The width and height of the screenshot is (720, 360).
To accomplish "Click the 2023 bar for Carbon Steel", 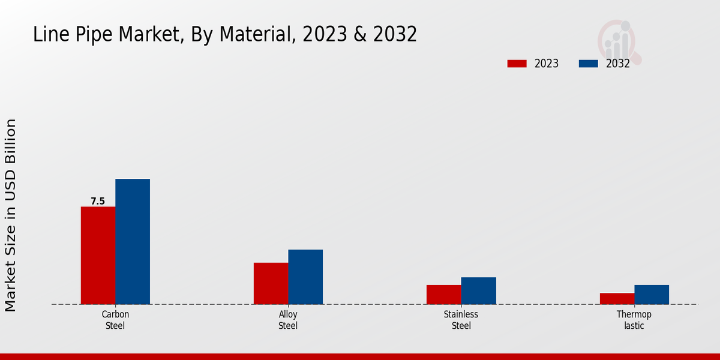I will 98,255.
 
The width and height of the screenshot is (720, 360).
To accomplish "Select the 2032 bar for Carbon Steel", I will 133,241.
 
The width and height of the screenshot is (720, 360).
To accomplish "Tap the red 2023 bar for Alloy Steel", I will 271,283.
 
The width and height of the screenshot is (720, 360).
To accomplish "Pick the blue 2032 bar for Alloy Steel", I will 305,277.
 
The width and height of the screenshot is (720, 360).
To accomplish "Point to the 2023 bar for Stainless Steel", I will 444,294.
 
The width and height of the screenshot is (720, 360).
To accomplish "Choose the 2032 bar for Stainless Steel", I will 479,290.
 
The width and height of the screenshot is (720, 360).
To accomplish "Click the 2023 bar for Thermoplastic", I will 617,298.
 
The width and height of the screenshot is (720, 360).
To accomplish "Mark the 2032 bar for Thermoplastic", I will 652,294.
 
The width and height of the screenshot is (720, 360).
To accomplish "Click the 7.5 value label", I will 98,202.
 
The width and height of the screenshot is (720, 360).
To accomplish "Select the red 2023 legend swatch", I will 517,64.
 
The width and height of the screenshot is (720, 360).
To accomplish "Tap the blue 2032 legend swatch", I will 589,64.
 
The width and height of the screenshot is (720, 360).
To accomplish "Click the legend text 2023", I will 547,64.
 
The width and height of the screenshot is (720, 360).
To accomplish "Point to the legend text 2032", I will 618,64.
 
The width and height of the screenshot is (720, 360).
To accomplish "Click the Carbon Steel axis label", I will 115,320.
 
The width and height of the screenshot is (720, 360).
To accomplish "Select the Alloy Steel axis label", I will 288,320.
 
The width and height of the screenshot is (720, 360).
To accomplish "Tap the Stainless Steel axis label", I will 461,320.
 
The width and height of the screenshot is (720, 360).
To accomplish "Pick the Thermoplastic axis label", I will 634,320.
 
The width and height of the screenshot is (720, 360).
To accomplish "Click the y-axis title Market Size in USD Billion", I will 11,215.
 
